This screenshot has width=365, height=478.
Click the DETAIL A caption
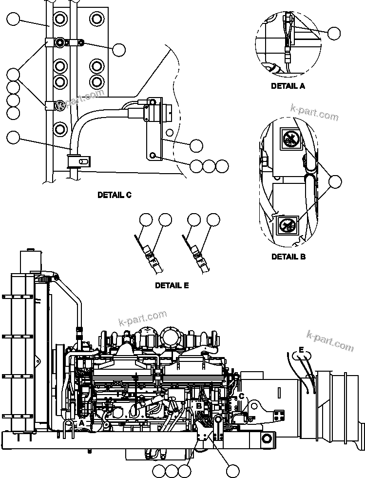point(288,86)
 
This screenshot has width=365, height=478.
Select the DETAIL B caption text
point(288,256)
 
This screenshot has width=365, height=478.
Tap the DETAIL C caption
point(115,195)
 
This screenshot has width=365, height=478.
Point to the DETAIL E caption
point(172,285)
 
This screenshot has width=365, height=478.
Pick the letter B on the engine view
point(199,405)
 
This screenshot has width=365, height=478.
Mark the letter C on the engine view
point(241,397)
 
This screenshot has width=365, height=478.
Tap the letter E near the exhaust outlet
point(301,350)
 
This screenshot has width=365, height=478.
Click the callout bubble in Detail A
point(334,33)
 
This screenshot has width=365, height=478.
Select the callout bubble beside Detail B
point(335,182)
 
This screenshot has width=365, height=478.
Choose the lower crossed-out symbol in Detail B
point(287,225)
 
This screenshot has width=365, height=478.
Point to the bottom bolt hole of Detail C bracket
point(154,155)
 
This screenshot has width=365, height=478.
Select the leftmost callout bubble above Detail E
point(146,220)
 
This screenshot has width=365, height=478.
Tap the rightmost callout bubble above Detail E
point(213,220)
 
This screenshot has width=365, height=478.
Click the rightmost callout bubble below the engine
point(233,471)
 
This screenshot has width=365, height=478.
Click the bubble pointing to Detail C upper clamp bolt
point(118,49)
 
